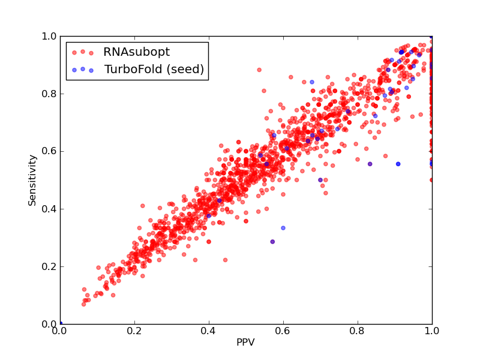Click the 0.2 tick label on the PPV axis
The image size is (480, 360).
[x=134, y=331]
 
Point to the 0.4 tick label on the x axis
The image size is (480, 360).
[x=209, y=331]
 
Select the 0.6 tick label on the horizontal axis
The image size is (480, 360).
[x=283, y=331]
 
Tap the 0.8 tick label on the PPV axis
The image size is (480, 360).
[x=358, y=331]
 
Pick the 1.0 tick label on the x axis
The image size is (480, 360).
[x=432, y=331]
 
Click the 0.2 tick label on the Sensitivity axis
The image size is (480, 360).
[x=49, y=266]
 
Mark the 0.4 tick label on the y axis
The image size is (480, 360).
[x=49, y=209]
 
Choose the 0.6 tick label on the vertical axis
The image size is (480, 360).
[x=49, y=152]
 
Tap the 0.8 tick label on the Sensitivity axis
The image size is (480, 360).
[x=49, y=94]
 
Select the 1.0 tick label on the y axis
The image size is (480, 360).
[x=49, y=36]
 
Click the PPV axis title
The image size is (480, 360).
[x=245, y=342]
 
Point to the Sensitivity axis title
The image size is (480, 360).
[x=32, y=181]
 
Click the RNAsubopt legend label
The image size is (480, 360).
[x=137, y=52]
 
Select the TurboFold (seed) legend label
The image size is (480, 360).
[x=154, y=70]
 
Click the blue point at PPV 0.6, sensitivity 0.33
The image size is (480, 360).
[x=283, y=228]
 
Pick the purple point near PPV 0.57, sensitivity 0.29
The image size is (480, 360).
[x=272, y=242]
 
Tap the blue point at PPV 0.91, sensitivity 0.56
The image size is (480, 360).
[x=398, y=164]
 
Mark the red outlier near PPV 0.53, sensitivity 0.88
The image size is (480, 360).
[x=259, y=70]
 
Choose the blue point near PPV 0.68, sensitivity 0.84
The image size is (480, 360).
[x=312, y=82]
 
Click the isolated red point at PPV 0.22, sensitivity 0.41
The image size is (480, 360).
[x=142, y=206]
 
